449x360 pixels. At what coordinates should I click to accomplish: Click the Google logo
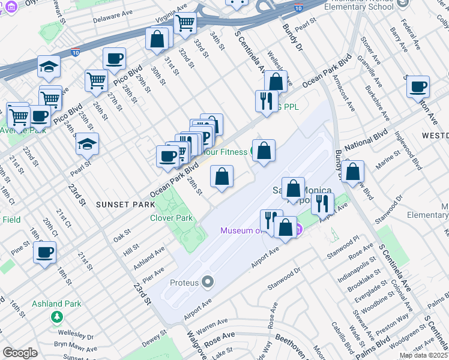coord(20,353)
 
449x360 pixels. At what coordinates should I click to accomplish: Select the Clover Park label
coord(172,218)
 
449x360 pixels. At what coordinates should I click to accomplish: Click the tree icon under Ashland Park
coord(57,317)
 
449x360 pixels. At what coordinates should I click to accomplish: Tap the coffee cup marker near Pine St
coord(44,251)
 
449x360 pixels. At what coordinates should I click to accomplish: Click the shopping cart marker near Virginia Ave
coord(185,23)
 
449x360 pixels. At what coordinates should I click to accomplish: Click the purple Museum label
coord(240,230)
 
